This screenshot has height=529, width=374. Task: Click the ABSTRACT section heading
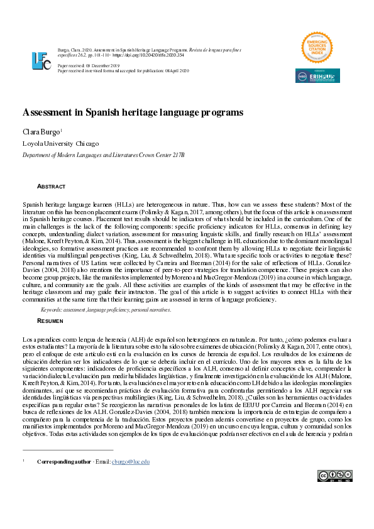click(51, 187)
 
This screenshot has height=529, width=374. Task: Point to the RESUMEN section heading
click(50, 320)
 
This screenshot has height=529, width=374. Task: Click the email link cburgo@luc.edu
click(131, 462)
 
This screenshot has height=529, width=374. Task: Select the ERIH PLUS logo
click(317, 76)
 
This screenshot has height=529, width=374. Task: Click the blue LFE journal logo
click(41, 60)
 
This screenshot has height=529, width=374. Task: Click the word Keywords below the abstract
click(52, 310)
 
